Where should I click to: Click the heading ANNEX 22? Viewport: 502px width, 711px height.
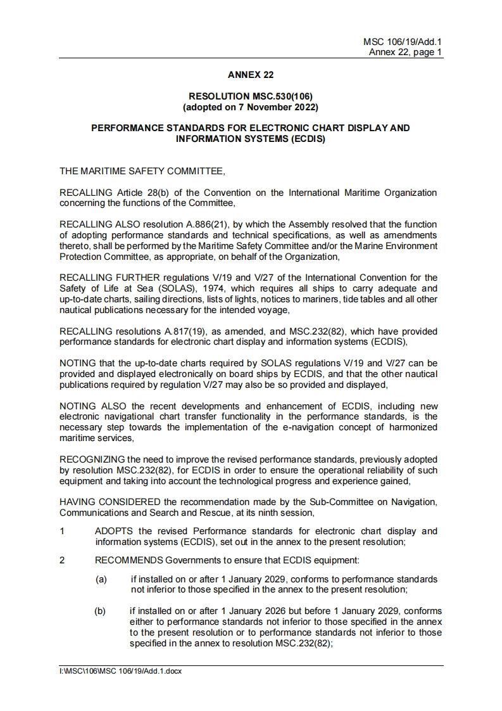(x=251, y=75)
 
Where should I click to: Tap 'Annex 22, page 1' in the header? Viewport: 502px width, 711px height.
(x=406, y=52)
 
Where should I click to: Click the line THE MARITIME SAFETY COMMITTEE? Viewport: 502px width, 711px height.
(x=142, y=170)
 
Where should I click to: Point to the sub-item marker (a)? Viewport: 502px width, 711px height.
(x=102, y=579)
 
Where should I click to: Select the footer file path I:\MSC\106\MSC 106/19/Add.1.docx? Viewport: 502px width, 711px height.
(x=120, y=671)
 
